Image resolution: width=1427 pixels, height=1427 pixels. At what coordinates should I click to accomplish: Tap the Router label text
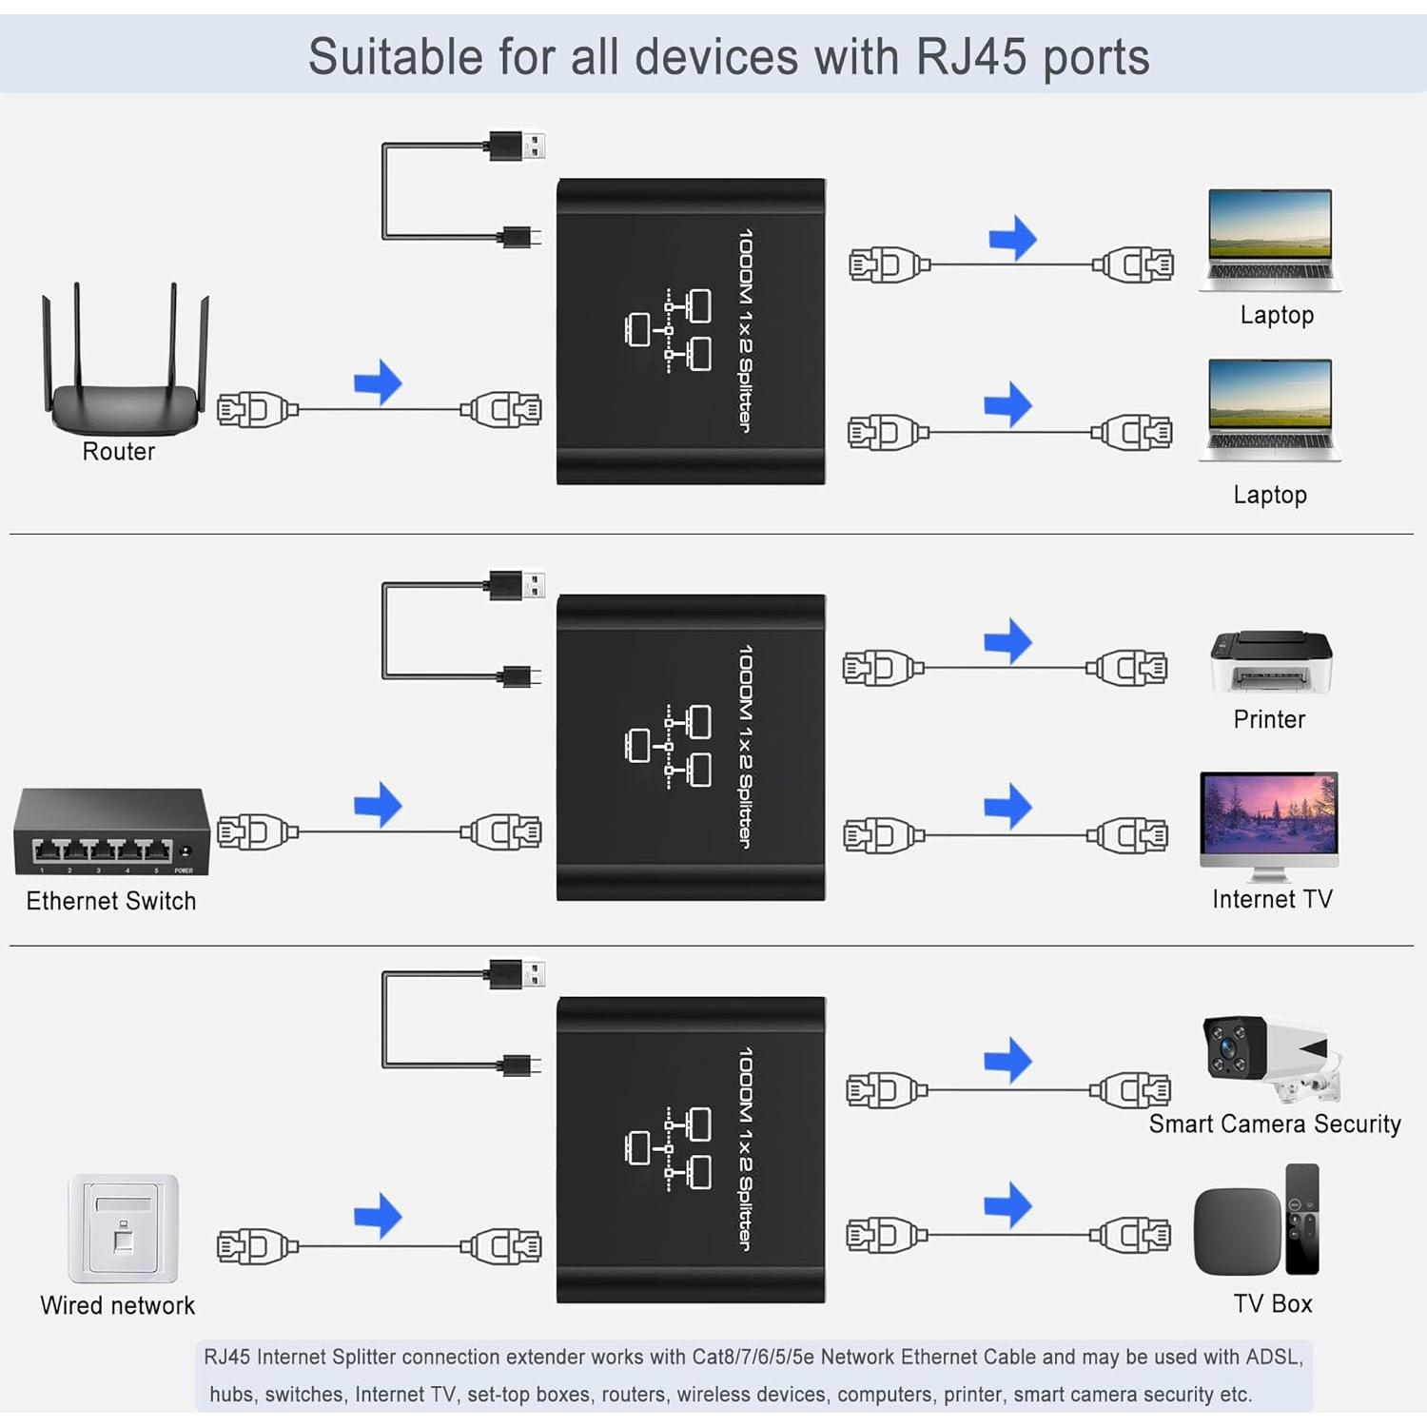tap(118, 451)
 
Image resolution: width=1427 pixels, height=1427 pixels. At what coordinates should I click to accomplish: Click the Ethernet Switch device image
tap(111, 832)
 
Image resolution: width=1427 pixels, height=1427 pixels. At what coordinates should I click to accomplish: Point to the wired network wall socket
tap(123, 1228)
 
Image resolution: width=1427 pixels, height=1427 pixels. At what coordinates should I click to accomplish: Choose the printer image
tap(1271, 662)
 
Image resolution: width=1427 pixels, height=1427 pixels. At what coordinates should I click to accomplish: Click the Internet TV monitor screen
tap(1269, 813)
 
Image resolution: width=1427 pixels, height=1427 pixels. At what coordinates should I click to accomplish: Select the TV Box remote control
tap(1302, 1219)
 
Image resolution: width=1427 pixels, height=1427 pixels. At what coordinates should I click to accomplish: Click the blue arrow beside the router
tap(378, 382)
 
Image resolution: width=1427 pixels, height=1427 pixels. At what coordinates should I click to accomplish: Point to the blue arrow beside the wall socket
tap(378, 1216)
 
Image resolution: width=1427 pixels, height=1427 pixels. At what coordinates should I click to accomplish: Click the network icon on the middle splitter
tap(669, 746)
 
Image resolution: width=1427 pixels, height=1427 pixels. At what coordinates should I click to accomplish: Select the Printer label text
tap(1269, 719)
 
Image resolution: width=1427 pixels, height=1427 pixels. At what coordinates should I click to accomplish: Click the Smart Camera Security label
tap(1274, 1124)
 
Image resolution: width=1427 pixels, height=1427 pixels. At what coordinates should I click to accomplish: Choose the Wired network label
tap(117, 1305)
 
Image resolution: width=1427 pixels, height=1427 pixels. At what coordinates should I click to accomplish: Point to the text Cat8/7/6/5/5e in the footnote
tap(753, 1357)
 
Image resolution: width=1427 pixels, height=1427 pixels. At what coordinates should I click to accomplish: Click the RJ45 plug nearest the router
tap(255, 410)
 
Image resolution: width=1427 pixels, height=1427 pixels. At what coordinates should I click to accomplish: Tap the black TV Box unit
tap(1237, 1231)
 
